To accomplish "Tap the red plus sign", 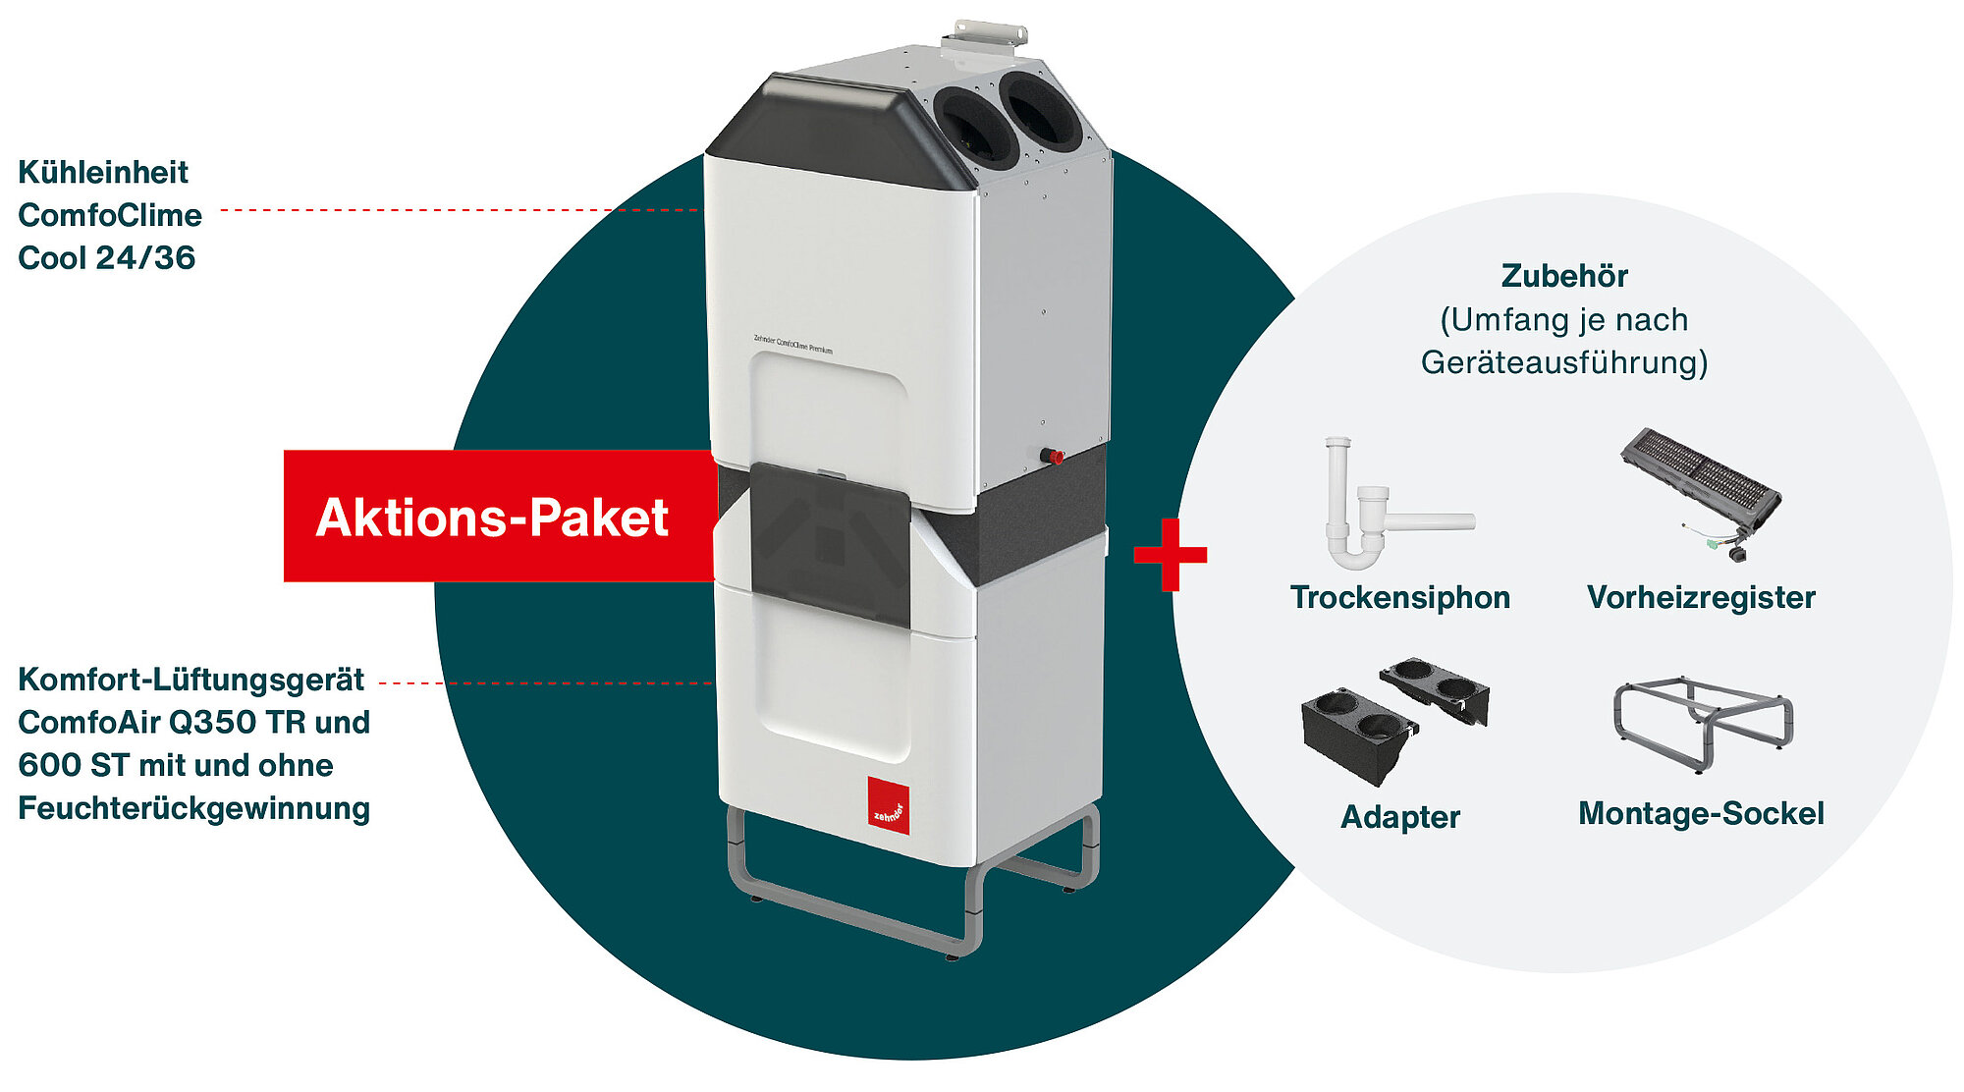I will pyautogui.click(x=1170, y=555).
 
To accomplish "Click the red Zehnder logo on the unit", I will pyautogui.click(x=888, y=805).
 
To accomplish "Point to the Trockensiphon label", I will pyautogui.click(x=1399, y=597).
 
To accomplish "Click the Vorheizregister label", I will pyautogui.click(x=1701, y=597).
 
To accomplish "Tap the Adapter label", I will pyautogui.click(x=1400, y=817).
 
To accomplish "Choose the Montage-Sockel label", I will pyautogui.click(x=1701, y=813).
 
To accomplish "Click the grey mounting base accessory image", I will pyautogui.click(x=1703, y=722).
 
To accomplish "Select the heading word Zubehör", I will pyautogui.click(x=1564, y=276).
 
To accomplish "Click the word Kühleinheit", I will pyautogui.click(x=103, y=172).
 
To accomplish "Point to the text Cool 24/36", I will pyautogui.click(x=106, y=257).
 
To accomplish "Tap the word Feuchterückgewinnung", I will pyautogui.click(x=193, y=808).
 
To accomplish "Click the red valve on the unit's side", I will pyautogui.click(x=1054, y=457).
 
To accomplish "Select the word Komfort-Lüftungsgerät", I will pyautogui.click(x=191, y=680).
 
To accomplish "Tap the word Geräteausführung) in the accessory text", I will pyautogui.click(x=1564, y=362).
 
